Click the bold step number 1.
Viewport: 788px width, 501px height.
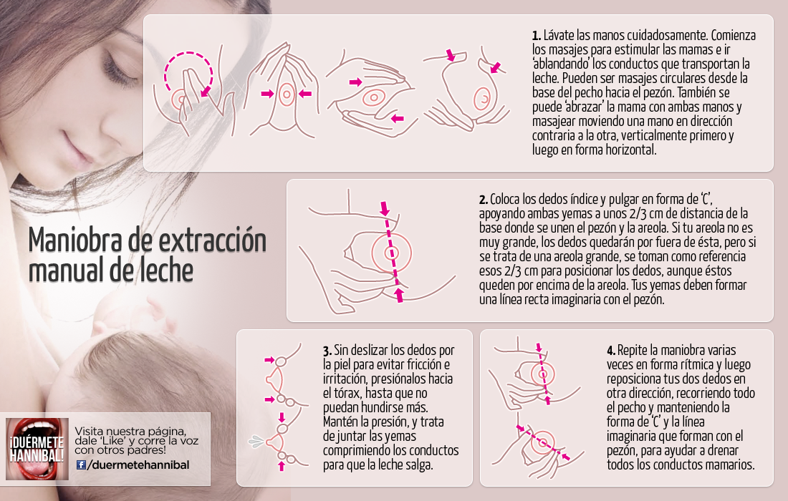coord(537,36)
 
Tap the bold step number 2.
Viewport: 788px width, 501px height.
coord(483,199)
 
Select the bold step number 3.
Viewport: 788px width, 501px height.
coord(327,351)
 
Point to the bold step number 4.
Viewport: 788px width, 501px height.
coord(611,351)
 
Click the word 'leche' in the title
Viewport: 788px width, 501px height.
coord(166,271)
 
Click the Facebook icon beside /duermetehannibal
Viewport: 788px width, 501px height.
coord(81,464)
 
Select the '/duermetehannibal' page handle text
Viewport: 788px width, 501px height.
coord(138,465)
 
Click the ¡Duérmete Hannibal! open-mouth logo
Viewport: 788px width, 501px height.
coord(37,449)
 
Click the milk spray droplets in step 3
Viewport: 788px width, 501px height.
coord(256,442)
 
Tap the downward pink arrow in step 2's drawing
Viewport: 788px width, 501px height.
coord(385,208)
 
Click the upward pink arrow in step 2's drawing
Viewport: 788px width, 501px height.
coord(399,295)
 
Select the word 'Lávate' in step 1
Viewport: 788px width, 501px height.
coord(559,36)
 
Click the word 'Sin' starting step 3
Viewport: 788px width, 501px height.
coord(341,351)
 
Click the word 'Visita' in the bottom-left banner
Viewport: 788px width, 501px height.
coord(88,431)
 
